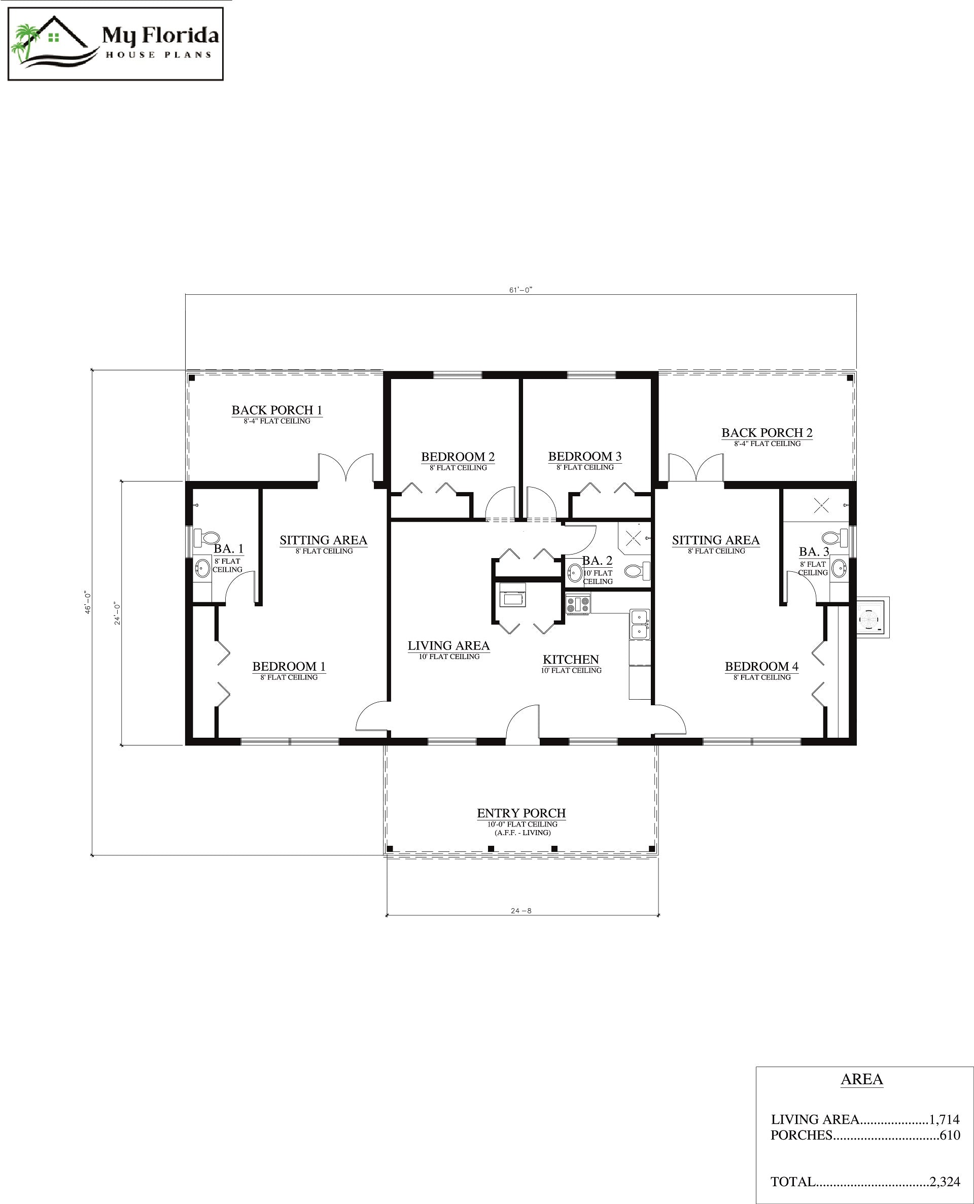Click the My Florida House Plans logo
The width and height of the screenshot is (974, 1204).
[x=115, y=44]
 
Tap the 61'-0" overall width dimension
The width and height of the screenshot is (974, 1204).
[x=520, y=290]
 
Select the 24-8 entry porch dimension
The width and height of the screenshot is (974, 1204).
[x=520, y=911]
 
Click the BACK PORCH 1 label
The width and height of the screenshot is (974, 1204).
[x=276, y=410]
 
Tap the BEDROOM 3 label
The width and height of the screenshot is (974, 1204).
[x=584, y=457]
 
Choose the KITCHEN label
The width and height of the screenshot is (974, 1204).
[x=571, y=660]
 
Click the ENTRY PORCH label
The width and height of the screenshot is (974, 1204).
[x=521, y=813]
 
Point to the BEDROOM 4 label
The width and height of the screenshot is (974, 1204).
[x=761, y=667]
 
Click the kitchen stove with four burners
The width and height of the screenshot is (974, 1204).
[x=577, y=605]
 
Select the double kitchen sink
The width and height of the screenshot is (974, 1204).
[x=639, y=624]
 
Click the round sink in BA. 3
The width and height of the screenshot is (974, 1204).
[x=839, y=568]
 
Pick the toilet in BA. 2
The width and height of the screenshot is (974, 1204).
[x=636, y=572]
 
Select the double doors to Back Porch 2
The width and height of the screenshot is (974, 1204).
[x=695, y=468]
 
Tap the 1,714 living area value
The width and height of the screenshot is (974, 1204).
[x=944, y=1119]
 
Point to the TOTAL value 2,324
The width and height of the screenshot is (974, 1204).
[x=944, y=1182]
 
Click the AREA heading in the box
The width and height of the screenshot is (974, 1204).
[x=861, y=1079]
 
